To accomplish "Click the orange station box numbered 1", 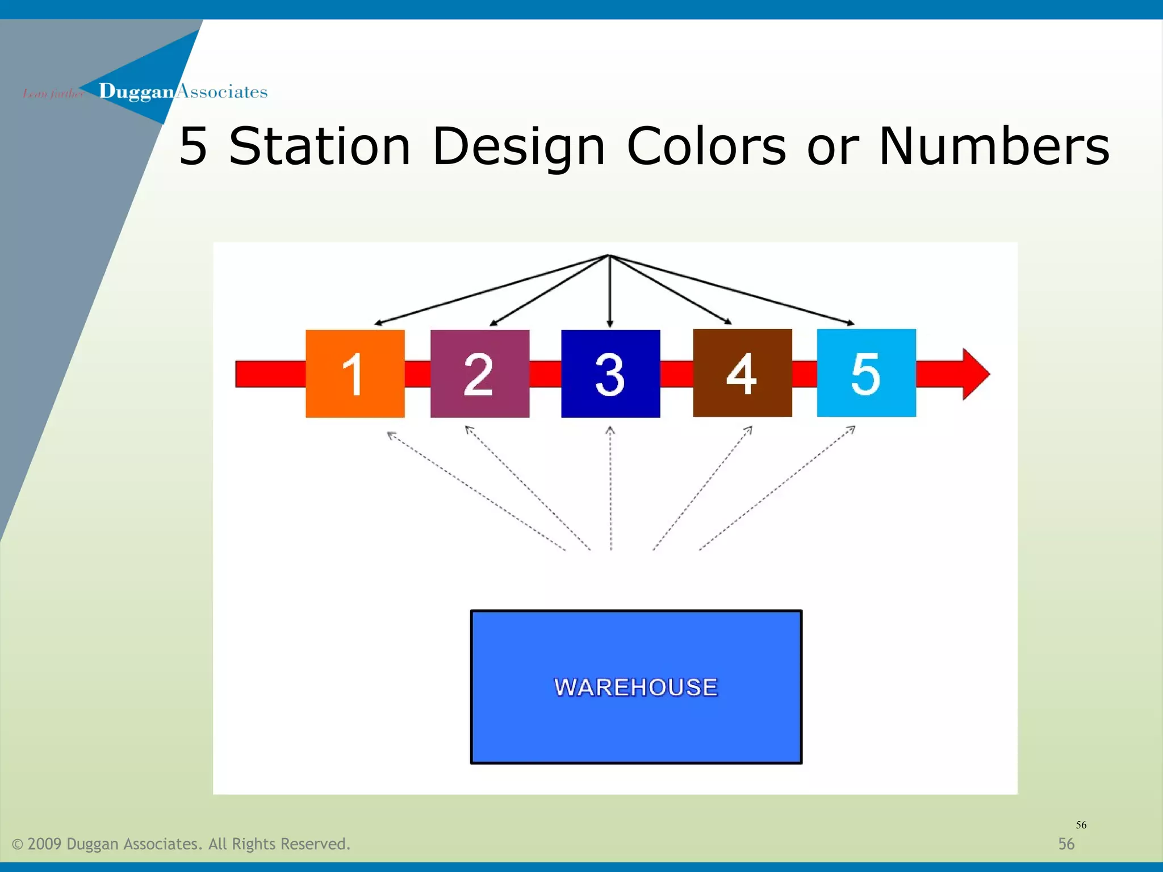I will tap(355, 373).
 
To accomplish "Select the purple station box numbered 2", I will tap(479, 373).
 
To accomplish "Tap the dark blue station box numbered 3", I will tap(610, 373).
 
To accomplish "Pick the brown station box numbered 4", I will tap(742, 372).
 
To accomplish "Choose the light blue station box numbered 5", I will tap(866, 372).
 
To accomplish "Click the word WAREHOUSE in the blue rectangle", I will tap(635, 687).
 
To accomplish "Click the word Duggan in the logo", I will tap(136, 91).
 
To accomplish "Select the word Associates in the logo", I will tap(222, 91).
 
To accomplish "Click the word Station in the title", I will tap(319, 146).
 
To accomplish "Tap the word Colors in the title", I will tap(706, 146).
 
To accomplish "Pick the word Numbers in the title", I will tap(993, 146).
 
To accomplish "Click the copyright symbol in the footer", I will tap(18, 844).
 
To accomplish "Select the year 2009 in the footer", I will tap(44, 844).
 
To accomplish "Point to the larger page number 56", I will tap(1066, 844).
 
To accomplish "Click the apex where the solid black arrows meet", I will tap(609, 255).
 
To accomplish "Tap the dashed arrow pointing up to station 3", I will tap(610, 488).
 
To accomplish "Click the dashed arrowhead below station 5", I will tap(851, 430).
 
